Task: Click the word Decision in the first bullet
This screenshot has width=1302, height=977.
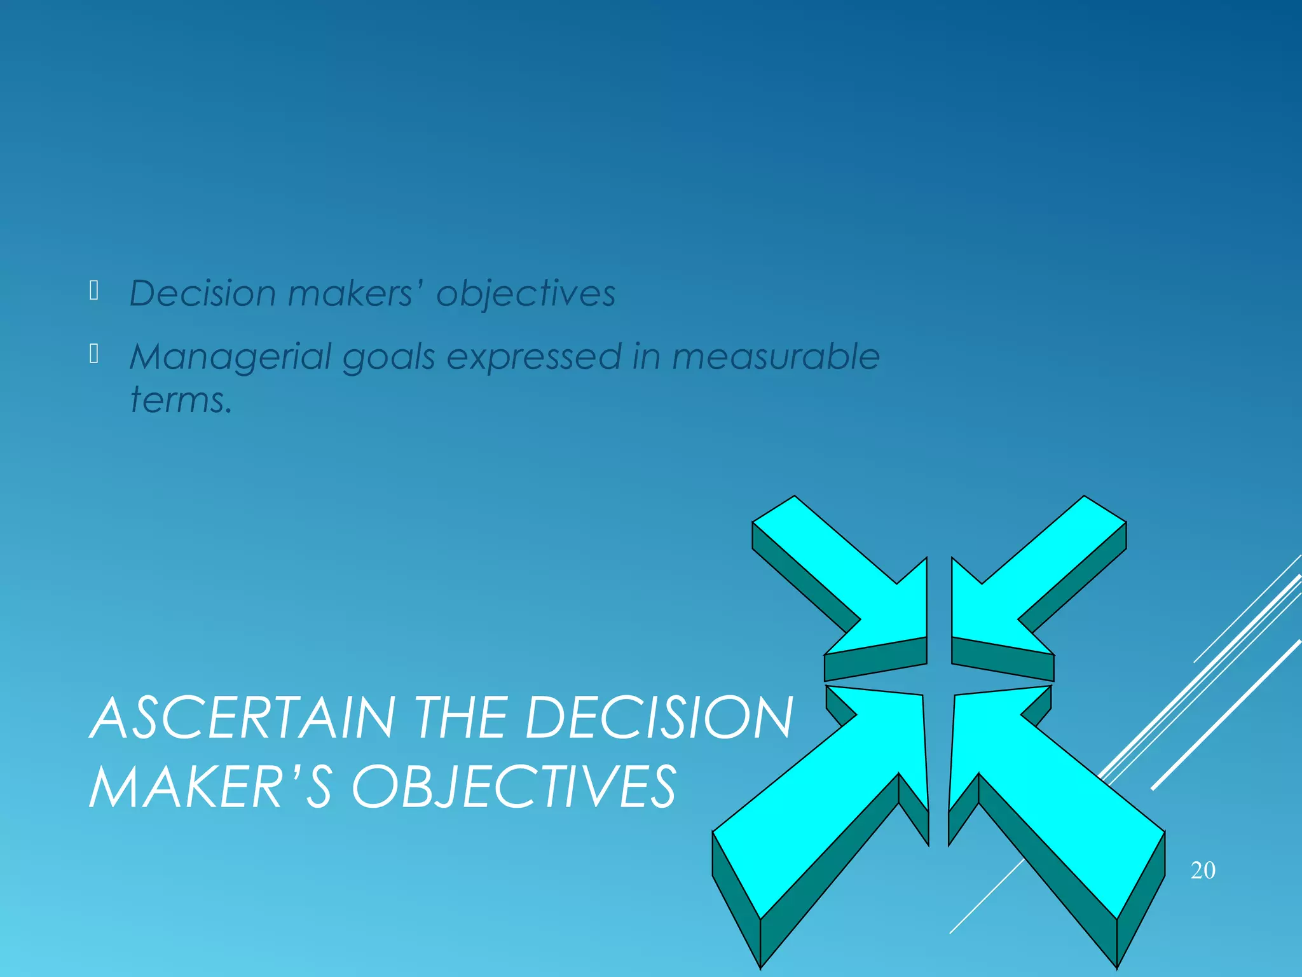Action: point(202,294)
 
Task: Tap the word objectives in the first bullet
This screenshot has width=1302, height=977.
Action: point(526,294)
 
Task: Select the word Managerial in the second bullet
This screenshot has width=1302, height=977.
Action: point(230,357)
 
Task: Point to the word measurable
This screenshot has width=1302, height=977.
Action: point(776,356)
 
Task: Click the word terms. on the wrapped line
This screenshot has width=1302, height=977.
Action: point(181,400)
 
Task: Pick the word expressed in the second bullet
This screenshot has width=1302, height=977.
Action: point(533,357)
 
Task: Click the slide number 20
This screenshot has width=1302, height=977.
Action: point(1203,870)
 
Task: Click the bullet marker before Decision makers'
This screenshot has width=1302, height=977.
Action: point(94,291)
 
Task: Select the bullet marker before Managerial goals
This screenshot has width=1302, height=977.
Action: point(94,354)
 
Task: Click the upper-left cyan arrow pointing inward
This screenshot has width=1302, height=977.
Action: point(852,579)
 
